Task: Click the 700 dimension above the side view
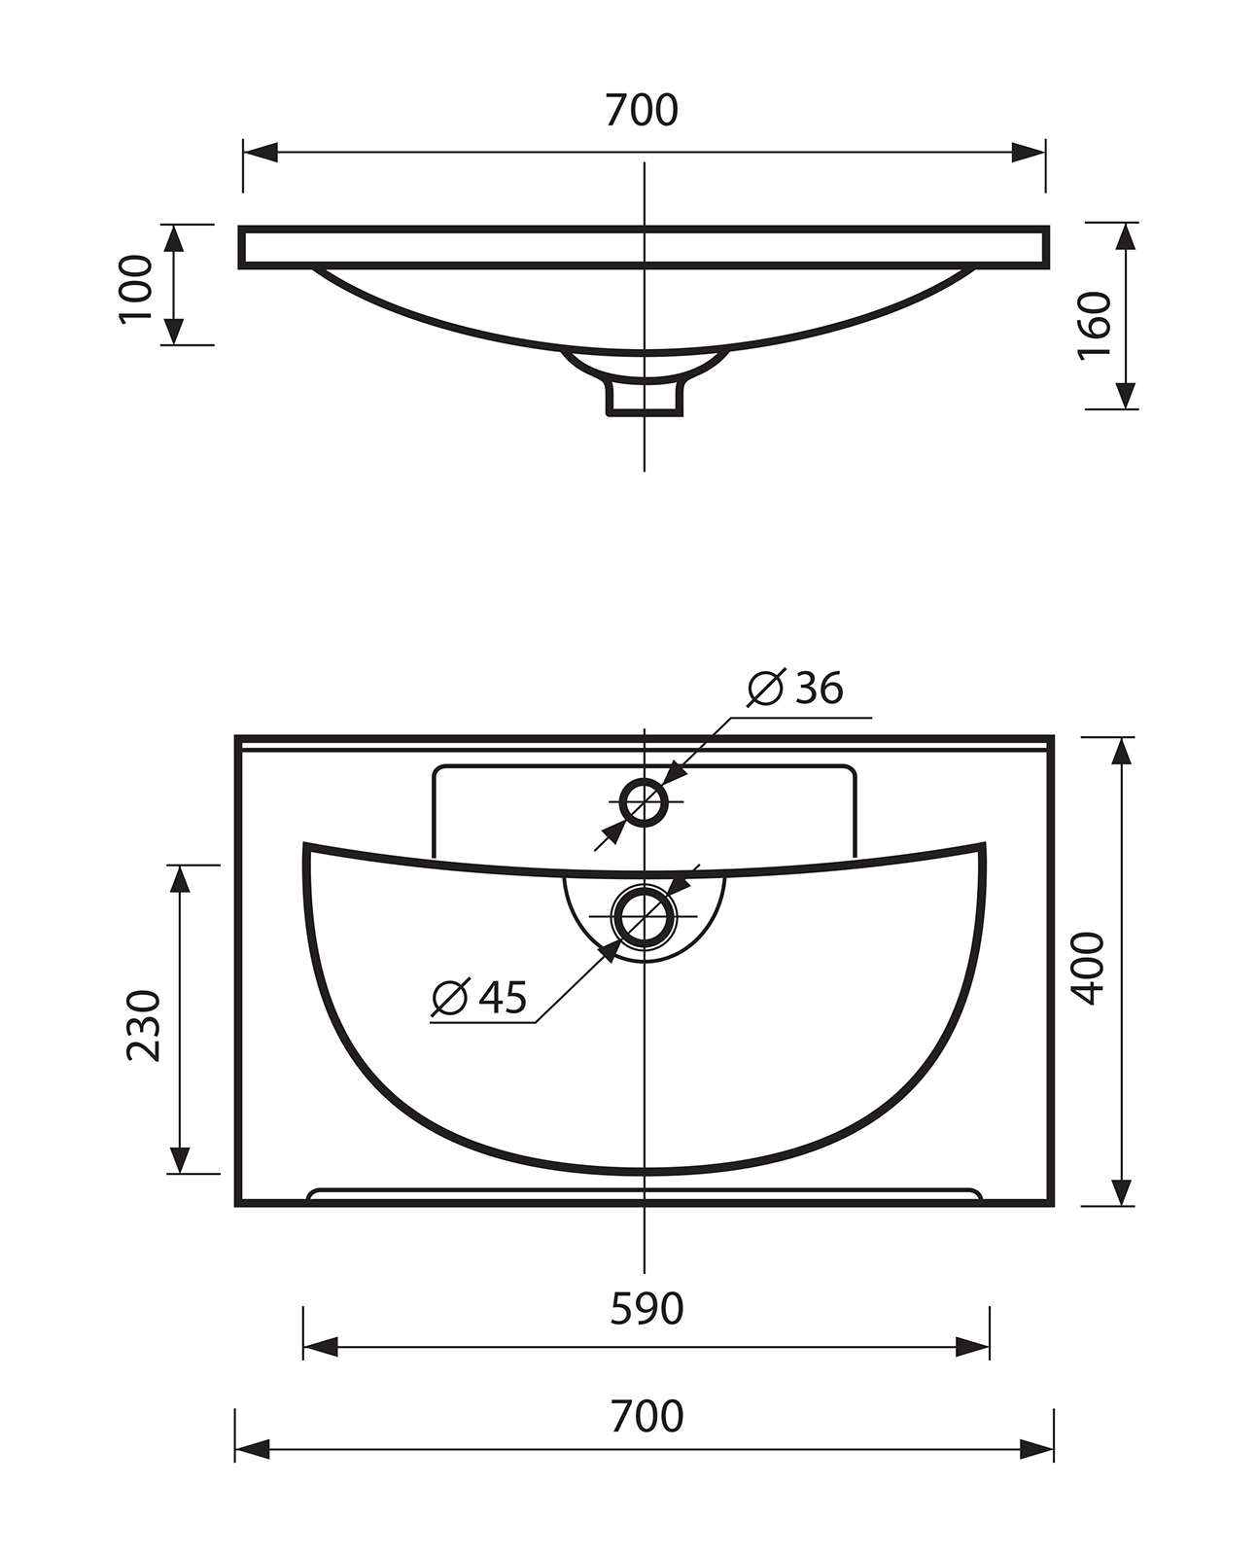click(642, 110)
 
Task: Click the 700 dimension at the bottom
click(646, 1416)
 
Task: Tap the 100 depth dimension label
click(136, 289)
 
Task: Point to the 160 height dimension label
click(1094, 325)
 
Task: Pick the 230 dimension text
click(143, 1025)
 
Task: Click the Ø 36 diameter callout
click(795, 688)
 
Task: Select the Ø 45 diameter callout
click(479, 997)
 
